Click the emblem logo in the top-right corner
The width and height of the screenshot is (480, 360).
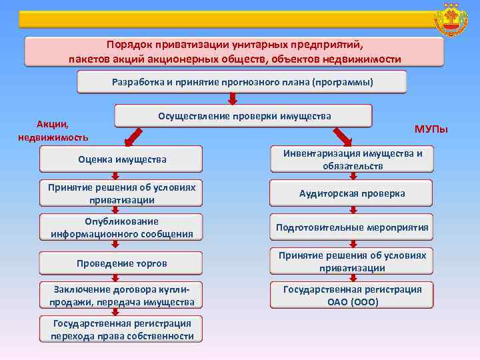451,21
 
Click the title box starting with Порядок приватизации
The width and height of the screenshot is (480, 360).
234,52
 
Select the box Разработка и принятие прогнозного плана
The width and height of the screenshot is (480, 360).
242,82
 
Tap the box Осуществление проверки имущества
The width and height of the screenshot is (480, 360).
244,116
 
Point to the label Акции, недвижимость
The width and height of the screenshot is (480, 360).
53,130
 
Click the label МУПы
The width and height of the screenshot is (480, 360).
431,129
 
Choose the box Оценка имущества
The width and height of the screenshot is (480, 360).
121,159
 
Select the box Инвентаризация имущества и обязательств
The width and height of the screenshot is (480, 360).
351,159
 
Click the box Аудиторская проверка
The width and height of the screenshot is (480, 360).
351,193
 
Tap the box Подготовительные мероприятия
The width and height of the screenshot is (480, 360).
351,227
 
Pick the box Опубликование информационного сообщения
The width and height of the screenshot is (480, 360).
121,227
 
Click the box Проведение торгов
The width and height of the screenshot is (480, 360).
121,263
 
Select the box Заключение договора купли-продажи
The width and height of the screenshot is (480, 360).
121,295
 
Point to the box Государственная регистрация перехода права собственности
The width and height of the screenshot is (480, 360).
121,329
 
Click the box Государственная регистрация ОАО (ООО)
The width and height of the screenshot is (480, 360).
351,295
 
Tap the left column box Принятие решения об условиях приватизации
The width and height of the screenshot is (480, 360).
121,193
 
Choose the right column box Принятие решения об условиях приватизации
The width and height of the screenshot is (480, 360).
351,261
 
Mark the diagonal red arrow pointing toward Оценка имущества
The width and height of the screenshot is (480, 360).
135,136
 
